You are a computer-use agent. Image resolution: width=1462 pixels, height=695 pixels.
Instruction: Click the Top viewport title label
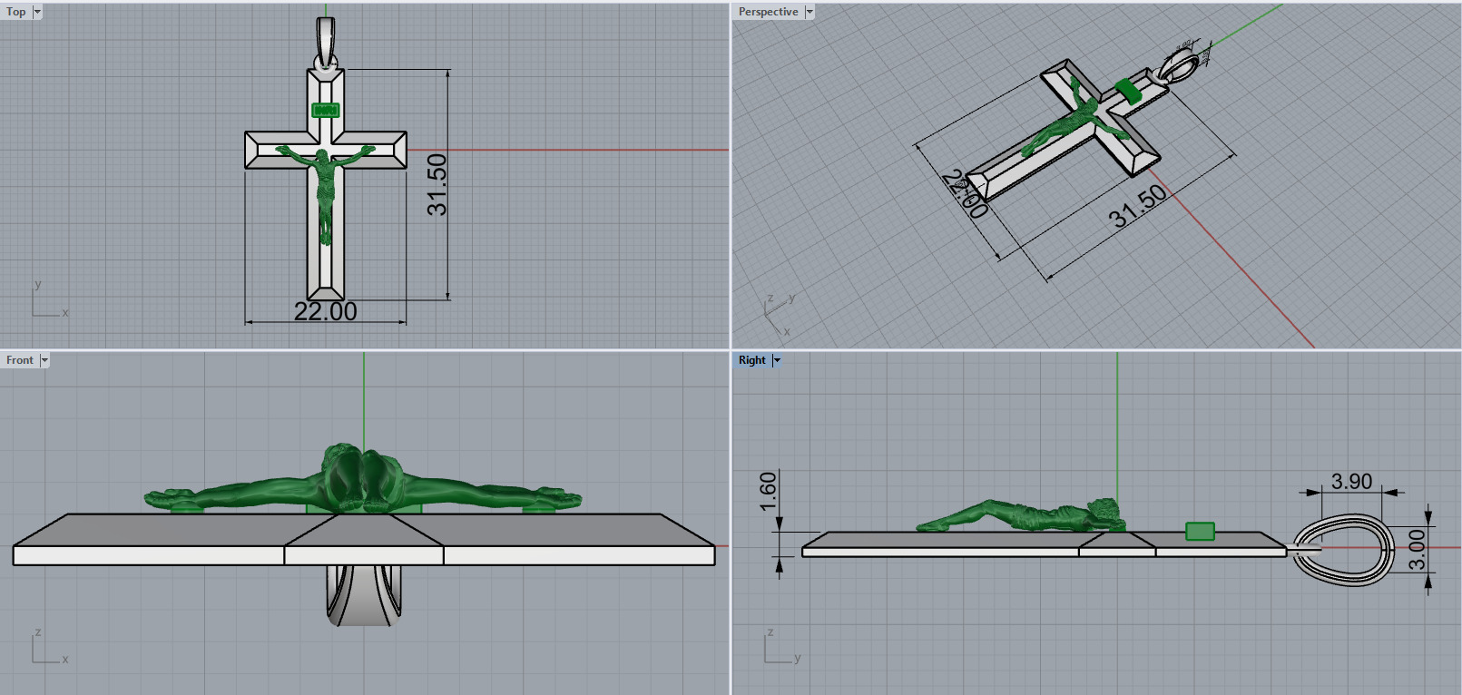pos(15,12)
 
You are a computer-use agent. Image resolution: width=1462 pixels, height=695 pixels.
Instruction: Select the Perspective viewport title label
pos(768,12)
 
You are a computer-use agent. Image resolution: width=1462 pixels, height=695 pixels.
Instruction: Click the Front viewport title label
pos(19,360)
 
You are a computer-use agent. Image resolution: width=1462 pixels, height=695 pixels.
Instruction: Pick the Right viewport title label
pos(751,360)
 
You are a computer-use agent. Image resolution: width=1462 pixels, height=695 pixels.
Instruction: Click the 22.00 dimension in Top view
pos(325,312)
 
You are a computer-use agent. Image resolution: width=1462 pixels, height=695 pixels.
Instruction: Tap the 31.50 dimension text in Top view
pos(437,184)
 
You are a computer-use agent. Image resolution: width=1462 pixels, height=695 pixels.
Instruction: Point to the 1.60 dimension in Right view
pos(769,491)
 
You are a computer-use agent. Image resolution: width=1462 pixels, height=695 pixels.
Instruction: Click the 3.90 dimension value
pos(1351,482)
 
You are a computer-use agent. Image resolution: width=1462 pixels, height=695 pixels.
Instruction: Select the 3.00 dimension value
pos(1417,550)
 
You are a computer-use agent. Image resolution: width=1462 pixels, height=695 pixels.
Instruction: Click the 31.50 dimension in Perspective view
pos(1137,207)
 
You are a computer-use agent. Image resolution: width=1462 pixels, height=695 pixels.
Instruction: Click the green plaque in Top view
pos(325,111)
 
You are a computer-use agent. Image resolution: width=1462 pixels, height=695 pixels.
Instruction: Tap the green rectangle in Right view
pos(1200,531)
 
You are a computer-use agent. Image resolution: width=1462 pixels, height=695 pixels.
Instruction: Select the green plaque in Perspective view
pos(1128,90)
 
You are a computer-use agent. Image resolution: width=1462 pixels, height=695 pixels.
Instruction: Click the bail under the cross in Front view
pos(363,599)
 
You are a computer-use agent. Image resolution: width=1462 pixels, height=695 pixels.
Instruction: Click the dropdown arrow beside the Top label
pos(37,12)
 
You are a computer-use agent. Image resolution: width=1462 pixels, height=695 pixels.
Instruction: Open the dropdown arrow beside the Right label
pos(777,360)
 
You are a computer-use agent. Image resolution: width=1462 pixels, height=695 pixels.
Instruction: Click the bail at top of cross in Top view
pos(326,41)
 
